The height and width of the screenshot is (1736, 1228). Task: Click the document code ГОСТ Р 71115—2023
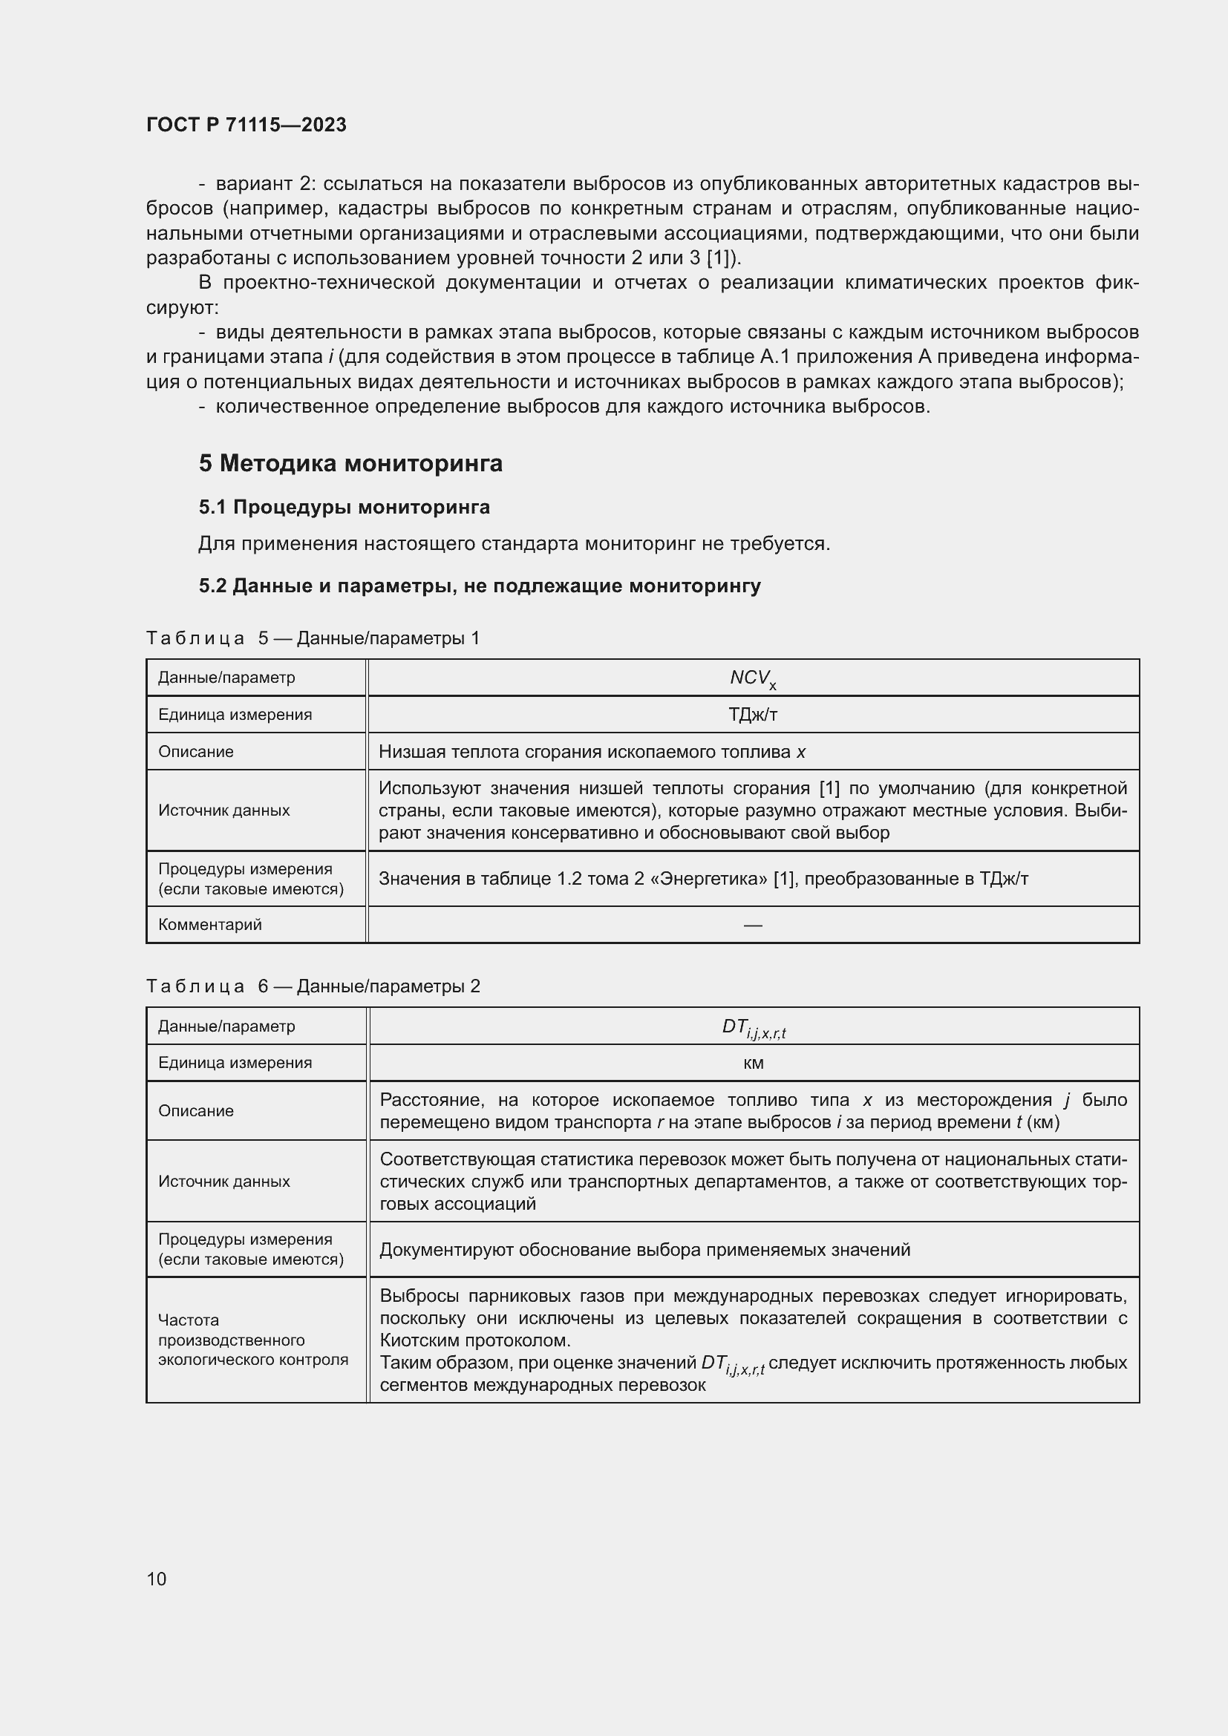point(246,125)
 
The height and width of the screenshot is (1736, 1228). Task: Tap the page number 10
point(157,1579)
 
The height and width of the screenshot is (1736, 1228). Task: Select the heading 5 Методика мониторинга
point(350,462)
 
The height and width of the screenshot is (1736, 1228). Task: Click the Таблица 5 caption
point(313,638)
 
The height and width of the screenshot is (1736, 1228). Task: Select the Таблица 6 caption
point(313,986)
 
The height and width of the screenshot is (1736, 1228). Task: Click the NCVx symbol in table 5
point(752,678)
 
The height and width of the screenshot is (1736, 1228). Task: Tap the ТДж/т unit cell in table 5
point(752,715)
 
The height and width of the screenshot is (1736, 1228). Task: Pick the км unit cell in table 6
point(753,1063)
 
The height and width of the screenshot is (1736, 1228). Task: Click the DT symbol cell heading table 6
point(753,1026)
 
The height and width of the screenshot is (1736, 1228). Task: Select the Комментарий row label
point(209,924)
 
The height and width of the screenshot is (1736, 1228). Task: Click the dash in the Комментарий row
point(752,925)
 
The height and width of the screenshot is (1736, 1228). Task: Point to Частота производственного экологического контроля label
point(252,1339)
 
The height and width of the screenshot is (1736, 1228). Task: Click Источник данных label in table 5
point(223,810)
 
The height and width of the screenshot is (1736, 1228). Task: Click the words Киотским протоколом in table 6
point(474,1340)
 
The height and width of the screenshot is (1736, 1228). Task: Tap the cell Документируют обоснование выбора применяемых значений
point(644,1249)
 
